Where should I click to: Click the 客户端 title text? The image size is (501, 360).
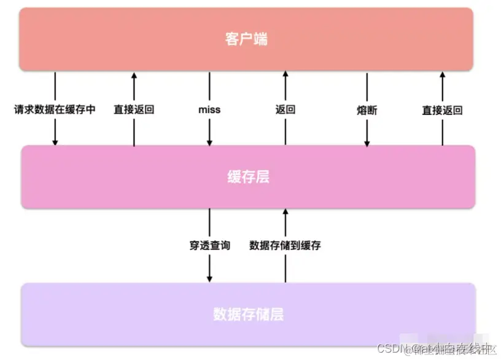[246, 40]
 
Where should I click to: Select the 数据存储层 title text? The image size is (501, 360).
[248, 315]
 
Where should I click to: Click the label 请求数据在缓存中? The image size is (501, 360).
[55, 111]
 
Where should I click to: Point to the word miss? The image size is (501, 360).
[209, 111]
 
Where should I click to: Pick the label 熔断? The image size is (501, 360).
[367, 111]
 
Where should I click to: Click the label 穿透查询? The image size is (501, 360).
[209, 246]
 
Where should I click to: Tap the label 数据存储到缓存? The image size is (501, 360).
[285, 246]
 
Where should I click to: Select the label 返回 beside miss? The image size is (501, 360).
[285, 111]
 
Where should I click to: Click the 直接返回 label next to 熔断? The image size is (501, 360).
[442, 111]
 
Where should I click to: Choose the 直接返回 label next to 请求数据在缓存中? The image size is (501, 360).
[134, 111]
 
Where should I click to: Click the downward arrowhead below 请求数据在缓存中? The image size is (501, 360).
[55, 143]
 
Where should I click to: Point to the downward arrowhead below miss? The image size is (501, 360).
[209, 143]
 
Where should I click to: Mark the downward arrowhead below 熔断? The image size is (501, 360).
[367, 143]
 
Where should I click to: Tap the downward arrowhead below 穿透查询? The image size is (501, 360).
[209, 279]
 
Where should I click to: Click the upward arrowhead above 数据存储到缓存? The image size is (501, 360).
[285, 211]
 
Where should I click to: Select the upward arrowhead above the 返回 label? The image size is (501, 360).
[285, 74]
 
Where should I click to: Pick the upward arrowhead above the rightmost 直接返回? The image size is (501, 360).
[442, 74]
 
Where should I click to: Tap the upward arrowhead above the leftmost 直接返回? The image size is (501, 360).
[134, 74]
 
